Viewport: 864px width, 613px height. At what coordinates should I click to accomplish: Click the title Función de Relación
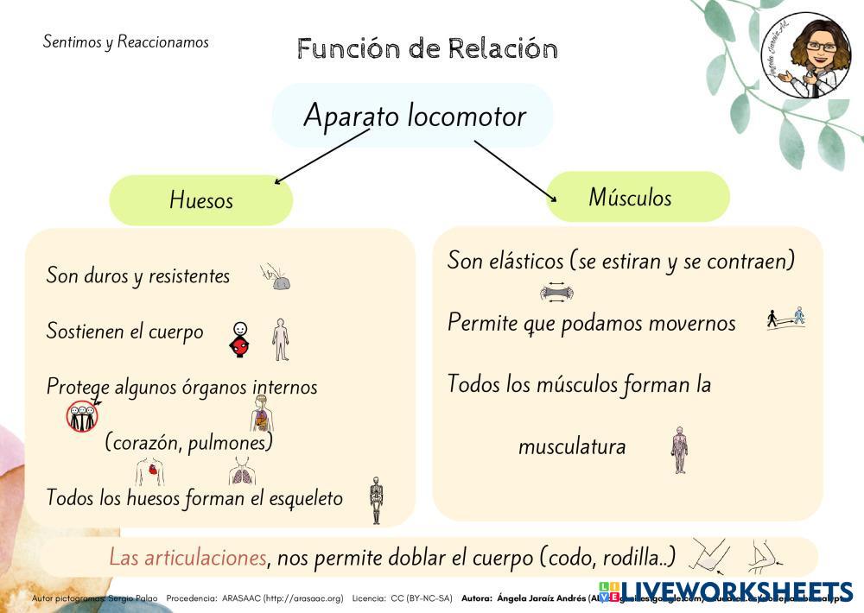[428, 48]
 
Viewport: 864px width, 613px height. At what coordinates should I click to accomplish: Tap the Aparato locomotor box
[413, 116]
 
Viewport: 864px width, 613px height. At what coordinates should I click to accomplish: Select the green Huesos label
[201, 200]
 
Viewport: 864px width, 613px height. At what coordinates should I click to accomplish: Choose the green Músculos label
[630, 197]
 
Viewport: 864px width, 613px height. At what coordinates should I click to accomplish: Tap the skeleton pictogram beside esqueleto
[375, 500]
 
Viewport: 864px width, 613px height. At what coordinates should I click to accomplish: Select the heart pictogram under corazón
[151, 471]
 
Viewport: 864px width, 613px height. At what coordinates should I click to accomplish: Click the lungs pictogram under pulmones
[242, 471]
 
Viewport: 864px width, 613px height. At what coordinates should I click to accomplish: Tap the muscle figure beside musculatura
[680, 449]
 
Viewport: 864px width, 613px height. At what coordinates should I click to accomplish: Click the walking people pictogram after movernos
[785, 319]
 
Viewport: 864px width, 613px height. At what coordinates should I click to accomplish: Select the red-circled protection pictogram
[83, 416]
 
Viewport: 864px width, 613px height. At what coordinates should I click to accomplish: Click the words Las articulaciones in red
[187, 558]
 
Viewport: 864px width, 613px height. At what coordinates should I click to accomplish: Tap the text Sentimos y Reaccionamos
[125, 41]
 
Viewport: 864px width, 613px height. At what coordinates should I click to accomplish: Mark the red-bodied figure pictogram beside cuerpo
[241, 339]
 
